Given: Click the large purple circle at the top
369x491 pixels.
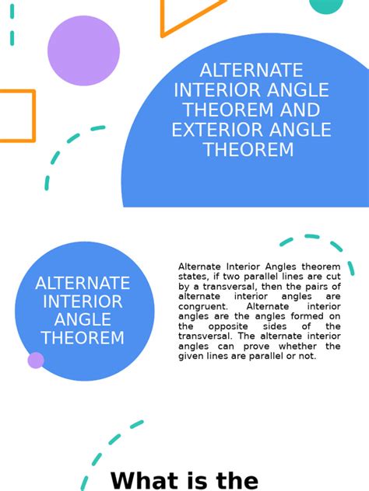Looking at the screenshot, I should [x=83, y=50].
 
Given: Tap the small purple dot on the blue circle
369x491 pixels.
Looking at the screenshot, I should [x=36, y=360].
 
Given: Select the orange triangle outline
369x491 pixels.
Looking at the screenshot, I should [x=187, y=19].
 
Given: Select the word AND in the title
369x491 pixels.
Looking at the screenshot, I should [x=300, y=110].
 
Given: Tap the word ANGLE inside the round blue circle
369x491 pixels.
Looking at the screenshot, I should [x=83, y=319].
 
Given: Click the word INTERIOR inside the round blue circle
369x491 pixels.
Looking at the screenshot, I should [x=83, y=301].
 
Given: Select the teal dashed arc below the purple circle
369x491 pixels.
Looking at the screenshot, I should [x=66, y=151].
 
